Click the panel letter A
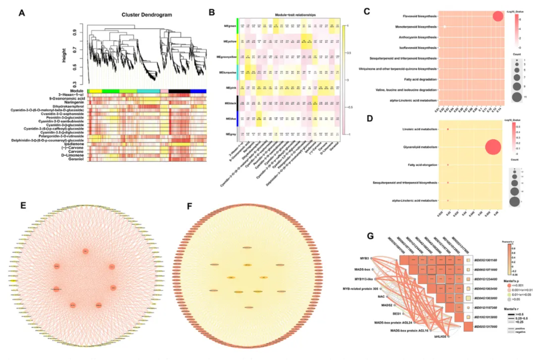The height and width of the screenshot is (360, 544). [22, 13]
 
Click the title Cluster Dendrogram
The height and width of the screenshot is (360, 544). [147, 15]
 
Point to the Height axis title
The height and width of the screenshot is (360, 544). [64, 55]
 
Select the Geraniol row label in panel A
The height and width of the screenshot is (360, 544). [76, 159]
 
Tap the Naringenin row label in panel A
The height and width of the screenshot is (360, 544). [74, 103]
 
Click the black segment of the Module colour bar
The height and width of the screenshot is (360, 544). [179, 91]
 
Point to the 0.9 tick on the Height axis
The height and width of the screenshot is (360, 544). [75, 33]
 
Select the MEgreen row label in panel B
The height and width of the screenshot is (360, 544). [230, 26]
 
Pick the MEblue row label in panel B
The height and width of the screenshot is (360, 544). [231, 119]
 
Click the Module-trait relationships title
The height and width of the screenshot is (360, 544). [295, 15]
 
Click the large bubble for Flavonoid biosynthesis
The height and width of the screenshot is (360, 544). [498, 16]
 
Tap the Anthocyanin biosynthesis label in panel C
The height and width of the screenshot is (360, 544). [418, 37]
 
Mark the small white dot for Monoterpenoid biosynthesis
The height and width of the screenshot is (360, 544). [445, 27]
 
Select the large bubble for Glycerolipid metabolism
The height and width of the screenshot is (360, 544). [493, 147]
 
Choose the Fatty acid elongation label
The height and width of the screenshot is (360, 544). [422, 165]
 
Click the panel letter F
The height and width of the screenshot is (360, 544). [190, 207]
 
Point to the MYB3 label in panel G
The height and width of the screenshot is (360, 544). [364, 258]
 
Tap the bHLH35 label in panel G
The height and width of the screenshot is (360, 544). [440, 337]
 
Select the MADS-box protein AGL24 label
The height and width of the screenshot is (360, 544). [393, 323]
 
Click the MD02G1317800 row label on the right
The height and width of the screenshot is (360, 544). [486, 327]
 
